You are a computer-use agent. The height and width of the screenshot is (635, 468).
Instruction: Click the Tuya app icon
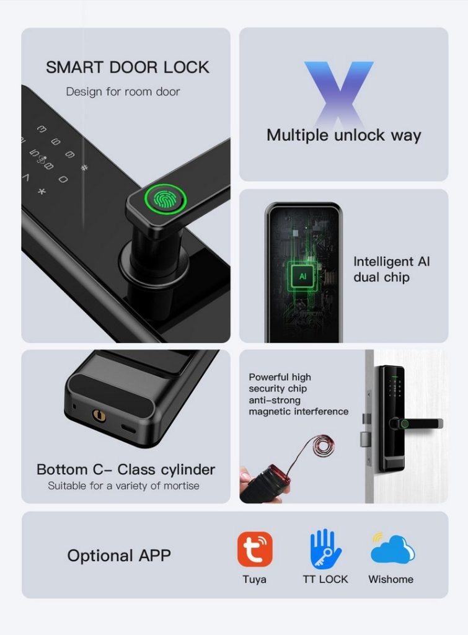click(255, 549)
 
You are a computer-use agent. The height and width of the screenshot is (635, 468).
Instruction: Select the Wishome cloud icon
click(392, 549)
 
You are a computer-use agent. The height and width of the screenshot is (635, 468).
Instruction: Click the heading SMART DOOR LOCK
click(128, 67)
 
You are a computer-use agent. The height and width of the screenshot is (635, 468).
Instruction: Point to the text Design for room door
click(123, 92)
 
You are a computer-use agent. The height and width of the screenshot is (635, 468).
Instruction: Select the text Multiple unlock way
click(343, 135)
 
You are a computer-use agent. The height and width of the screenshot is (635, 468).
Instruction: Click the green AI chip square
click(302, 277)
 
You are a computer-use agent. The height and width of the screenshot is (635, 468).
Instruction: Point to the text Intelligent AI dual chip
click(391, 269)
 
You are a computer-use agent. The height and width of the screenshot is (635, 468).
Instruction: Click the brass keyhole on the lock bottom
click(98, 414)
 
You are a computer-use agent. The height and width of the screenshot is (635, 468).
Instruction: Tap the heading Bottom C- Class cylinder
click(126, 469)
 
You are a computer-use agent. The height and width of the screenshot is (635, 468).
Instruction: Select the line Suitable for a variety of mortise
click(124, 486)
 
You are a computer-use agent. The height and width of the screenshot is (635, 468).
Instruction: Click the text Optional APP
click(118, 556)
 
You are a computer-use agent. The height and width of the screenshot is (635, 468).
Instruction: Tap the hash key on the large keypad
click(85, 167)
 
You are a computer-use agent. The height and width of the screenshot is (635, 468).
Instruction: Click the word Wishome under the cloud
click(391, 579)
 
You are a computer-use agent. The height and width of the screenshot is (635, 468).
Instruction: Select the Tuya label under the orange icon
click(255, 579)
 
